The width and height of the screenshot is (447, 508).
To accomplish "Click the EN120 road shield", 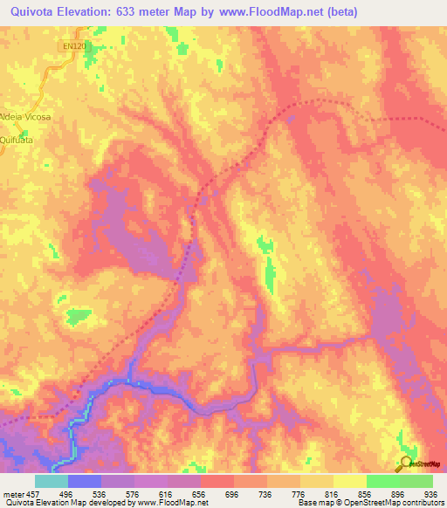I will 74,45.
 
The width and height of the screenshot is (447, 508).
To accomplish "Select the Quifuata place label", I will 17,138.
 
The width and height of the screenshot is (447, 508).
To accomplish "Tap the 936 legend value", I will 431,493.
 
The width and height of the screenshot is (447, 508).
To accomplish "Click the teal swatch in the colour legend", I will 52,481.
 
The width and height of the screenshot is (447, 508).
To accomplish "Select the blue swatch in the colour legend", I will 85,481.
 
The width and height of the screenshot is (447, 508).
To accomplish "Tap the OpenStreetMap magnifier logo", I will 404,463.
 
